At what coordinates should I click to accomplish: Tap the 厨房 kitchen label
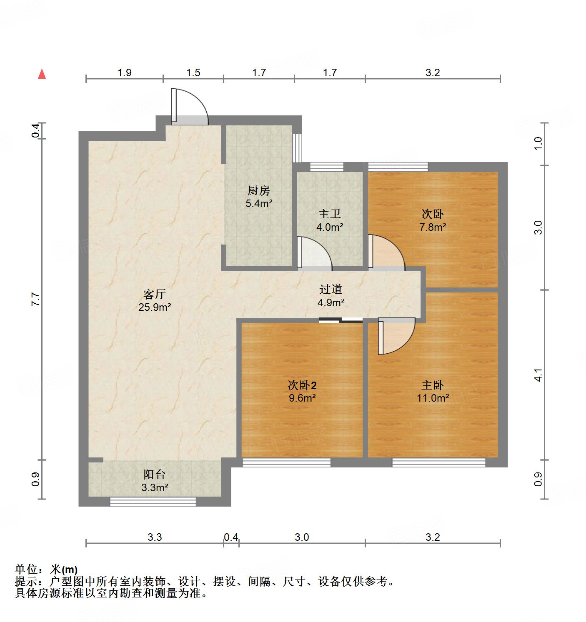pyautogui.click(x=258, y=191)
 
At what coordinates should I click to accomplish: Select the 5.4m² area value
pyautogui.click(x=258, y=204)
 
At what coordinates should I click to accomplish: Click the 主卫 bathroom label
pyautogui.click(x=330, y=214)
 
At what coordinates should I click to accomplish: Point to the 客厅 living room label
pyautogui.click(x=155, y=295)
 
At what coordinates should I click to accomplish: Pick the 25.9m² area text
pyautogui.click(x=155, y=307)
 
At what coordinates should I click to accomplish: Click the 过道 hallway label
pyautogui.click(x=331, y=289)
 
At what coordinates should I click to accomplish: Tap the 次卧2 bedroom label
pyautogui.click(x=302, y=385)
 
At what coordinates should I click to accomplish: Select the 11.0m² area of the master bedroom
pyautogui.click(x=433, y=398)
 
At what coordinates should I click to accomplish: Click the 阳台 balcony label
pyautogui.click(x=155, y=474)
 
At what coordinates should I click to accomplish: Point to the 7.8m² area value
pyautogui.click(x=433, y=227)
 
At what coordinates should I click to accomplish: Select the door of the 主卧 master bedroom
pyautogui.click(x=396, y=335)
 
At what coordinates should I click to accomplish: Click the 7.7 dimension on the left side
pyautogui.click(x=36, y=300)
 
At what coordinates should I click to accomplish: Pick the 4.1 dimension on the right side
pyautogui.click(x=538, y=375)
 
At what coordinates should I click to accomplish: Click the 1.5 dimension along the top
pyautogui.click(x=193, y=73)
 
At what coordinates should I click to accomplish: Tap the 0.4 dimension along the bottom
pyautogui.click(x=231, y=537)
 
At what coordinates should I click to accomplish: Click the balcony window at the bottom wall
pyautogui.click(x=153, y=502)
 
